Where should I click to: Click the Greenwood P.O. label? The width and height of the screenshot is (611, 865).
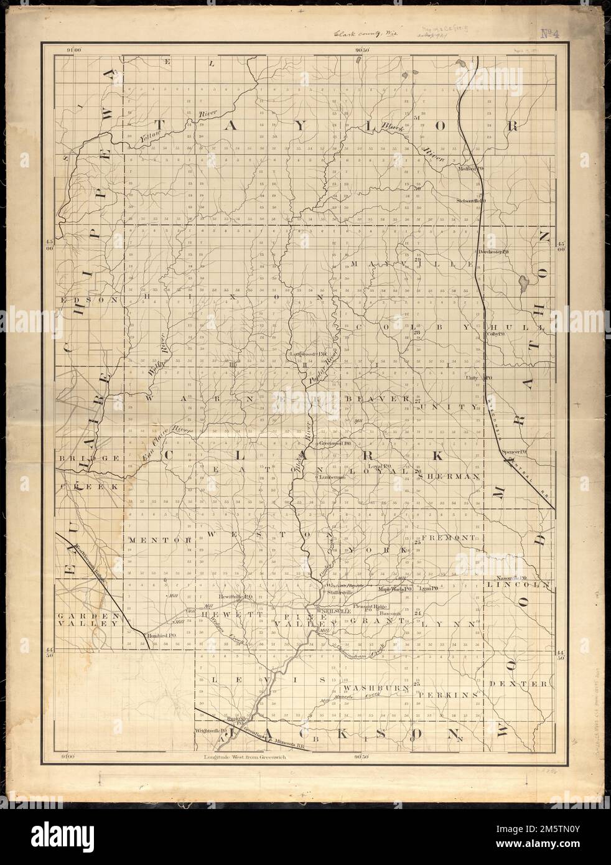click(x=337, y=444)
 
